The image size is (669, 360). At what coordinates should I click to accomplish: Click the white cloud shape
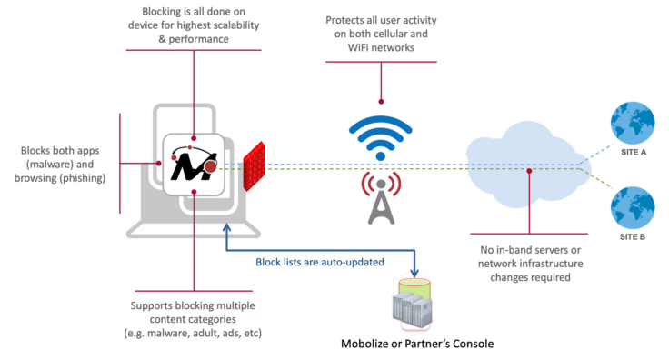(x=519, y=168)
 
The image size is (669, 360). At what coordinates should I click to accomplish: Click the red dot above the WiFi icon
(x=381, y=101)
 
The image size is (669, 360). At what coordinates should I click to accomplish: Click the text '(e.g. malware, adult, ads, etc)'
(x=193, y=335)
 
